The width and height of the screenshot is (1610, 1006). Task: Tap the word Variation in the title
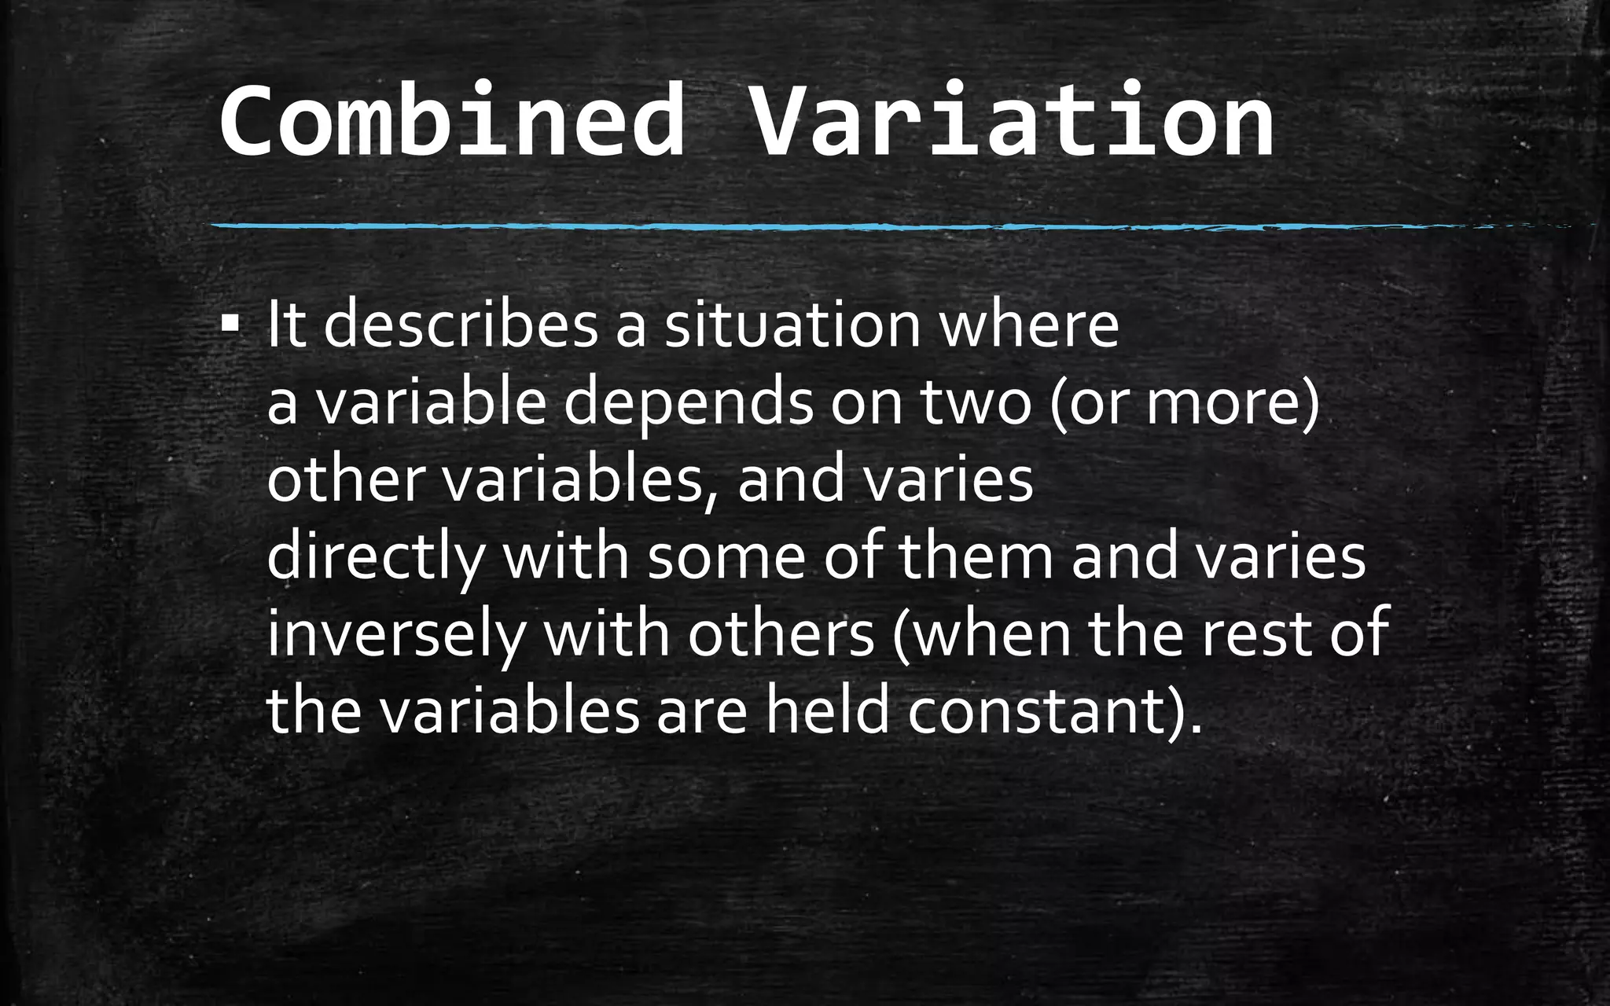1012,123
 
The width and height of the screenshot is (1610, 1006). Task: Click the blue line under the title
786,227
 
